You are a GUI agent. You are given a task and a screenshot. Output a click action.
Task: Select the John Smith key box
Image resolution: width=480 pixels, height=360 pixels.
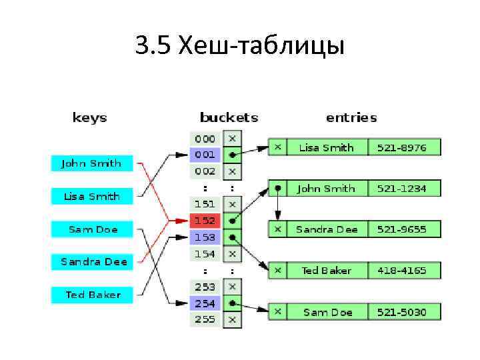pos(91,163)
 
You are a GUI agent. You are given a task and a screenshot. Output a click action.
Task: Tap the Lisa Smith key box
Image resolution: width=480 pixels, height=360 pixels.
pos(91,196)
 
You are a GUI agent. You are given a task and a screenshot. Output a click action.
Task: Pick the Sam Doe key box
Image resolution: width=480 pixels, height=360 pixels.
pos(91,229)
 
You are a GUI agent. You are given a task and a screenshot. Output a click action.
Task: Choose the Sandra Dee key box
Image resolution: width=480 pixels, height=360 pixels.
pos(91,261)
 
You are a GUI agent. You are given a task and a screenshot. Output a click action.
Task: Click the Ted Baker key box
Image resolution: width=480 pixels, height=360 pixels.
pos(91,294)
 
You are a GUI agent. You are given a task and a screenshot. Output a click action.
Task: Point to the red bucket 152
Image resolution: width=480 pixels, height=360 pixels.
pos(205,220)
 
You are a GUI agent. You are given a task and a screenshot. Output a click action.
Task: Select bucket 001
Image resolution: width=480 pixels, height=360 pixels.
pos(205,155)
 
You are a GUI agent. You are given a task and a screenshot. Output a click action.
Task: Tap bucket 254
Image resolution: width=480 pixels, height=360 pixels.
pos(205,303)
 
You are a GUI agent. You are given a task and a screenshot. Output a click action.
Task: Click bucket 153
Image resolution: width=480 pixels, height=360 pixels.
pos(205,237)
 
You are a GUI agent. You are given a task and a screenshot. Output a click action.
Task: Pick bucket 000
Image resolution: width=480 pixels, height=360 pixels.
pos(205,139)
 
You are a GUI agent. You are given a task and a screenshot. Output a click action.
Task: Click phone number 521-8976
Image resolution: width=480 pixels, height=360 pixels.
pos(401,147)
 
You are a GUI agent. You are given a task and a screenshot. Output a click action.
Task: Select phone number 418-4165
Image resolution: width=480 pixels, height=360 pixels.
pos(401,270)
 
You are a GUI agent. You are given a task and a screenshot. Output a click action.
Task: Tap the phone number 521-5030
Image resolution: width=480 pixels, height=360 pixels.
pos(401,311)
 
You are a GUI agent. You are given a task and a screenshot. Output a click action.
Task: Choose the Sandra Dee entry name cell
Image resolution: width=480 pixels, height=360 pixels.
pos(327,229)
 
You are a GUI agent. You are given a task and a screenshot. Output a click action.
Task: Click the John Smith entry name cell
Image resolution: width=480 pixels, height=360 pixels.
pos(327,189)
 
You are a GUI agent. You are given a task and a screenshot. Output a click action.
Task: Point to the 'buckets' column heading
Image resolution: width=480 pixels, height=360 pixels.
pos(228,117)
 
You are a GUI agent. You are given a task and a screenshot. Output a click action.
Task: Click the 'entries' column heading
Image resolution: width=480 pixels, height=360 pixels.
pos(351,117)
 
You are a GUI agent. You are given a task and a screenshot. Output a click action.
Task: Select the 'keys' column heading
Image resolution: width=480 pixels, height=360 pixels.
pos(89,118)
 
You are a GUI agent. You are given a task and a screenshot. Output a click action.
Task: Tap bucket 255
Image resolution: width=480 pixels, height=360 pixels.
pos(205,319)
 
